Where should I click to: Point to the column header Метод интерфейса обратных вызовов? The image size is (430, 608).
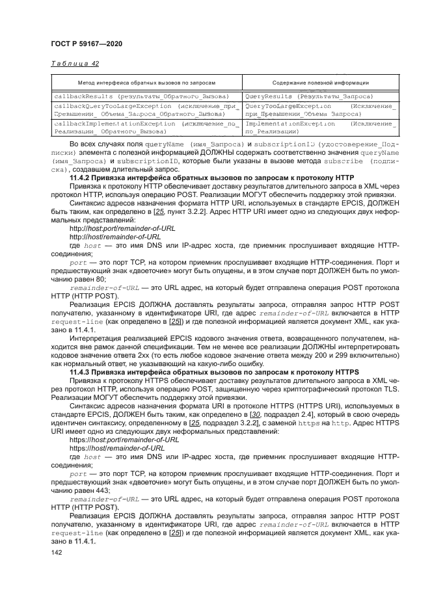click(146, 83)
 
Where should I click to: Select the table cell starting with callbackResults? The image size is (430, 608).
click(146, 96)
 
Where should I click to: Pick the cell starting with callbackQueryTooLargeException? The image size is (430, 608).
click(146, 109)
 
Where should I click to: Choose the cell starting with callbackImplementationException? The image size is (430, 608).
click(146, 126)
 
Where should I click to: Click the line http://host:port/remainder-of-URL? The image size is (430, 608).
click(117, 228)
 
